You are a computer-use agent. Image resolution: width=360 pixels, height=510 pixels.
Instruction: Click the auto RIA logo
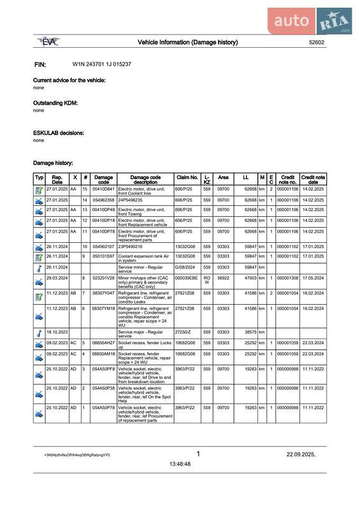pyautogui.click(x=313, y=21)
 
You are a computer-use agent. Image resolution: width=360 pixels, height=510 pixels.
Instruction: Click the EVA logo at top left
pyautogui.click(x=48, y=42)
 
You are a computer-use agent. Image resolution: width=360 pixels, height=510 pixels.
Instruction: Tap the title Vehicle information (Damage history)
pyautogui.click(x=188, y=42)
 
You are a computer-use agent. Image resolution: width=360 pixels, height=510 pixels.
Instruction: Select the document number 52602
pyautogui.click(x=316, y=43)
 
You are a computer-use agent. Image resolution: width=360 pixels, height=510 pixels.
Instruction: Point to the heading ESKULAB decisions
pyautogui.click(x=59, y=133)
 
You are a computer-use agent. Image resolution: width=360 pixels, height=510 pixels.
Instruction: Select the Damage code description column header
pyautogui.click(x=145, y=179)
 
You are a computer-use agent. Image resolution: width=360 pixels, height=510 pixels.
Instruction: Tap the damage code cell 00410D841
pyautogui.click(x=103, y=189)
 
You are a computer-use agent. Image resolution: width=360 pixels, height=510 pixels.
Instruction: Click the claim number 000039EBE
pyautogui.click(x=186, y=279)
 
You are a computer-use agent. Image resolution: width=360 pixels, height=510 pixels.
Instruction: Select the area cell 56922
pyautogui.click(x=223, y=279)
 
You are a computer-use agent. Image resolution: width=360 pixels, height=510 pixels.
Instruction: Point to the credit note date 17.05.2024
pyautogui.click(x=313, y=279)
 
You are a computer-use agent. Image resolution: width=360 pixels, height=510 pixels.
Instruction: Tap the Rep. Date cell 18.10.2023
pyautogui.click(x=57, y=332)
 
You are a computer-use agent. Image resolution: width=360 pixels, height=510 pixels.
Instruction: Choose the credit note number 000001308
pyautogui.click(x=287, y=279)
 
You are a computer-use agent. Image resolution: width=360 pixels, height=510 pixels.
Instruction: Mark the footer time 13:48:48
pyautogui.click(x=180, y=464)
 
